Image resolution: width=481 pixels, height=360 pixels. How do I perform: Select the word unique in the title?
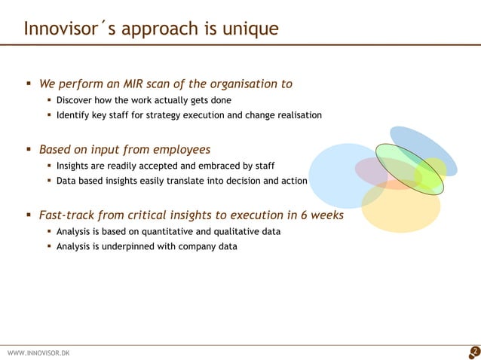point(251,29)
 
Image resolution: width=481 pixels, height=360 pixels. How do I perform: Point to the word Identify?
point(75,115)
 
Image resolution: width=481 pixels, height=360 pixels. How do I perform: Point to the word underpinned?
point(127,246)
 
